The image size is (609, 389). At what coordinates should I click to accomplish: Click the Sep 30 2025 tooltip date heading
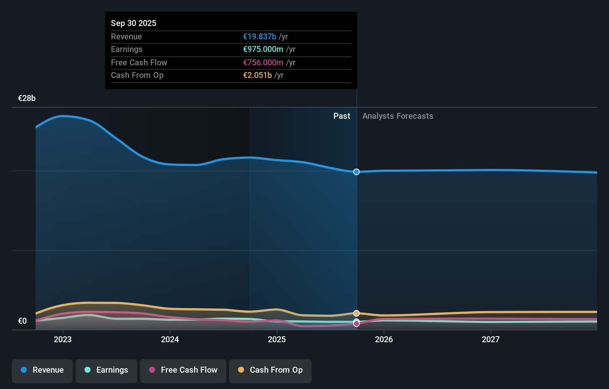[x=134, y=23]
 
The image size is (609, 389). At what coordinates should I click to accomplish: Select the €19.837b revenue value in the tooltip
[x=259, y=36]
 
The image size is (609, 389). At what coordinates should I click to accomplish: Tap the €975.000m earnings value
[x=263, y=49]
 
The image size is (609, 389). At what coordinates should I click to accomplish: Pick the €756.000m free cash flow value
[x=263, y=62]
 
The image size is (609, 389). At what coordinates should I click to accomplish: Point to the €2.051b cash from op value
[x=257, y=75]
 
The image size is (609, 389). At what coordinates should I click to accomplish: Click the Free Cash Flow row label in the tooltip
[x=139, y=62]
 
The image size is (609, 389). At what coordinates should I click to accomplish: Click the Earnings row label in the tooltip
[x=126, y=49]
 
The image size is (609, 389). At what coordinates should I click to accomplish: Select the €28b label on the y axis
[x=27, y=98]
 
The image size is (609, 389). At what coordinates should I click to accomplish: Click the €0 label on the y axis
[x=22, y=321]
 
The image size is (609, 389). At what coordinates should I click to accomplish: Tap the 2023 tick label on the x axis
[x=63, y=339]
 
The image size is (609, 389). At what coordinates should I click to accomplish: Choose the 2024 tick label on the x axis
[x=170, y=339]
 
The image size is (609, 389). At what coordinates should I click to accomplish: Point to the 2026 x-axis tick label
[x=384, y=339]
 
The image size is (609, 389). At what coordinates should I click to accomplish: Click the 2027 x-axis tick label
[x=491, y=339]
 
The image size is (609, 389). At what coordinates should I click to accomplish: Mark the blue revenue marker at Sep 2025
[x=356, y=172]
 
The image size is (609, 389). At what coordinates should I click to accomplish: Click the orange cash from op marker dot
[x=356, y=313]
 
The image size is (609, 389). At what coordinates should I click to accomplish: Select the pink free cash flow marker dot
[x=356, y=324]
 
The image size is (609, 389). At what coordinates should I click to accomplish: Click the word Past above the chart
[x=342, y=116]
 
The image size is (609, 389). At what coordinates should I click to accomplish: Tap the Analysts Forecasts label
[x=398, y=116]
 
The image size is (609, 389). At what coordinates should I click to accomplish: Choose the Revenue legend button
[x=42, y=370]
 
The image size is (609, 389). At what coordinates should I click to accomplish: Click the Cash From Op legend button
[x=270, y=370]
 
